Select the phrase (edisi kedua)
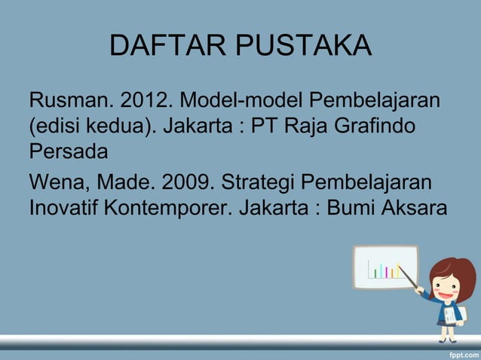[94, 124]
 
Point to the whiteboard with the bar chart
[384, 266]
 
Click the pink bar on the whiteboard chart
[386, 271]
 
